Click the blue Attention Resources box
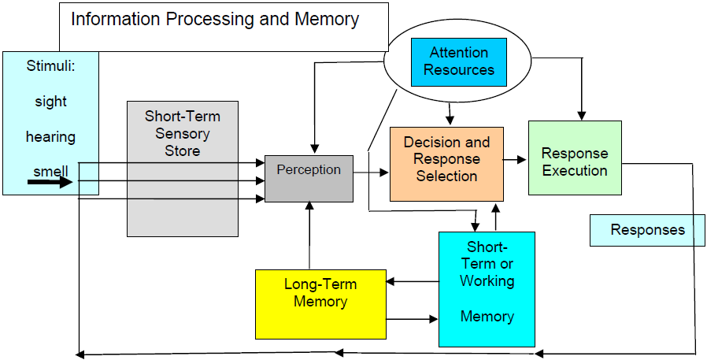[x=459, y=61]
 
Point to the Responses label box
[x=647, y=230]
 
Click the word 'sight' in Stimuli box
[x=50, y=102]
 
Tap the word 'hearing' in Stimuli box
[x=50, y=137]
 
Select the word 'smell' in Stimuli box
[x=50, y=172]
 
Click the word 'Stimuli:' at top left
[x=50, y=66]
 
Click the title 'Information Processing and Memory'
[x=215, y=19]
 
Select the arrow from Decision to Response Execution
[x=516, y=160]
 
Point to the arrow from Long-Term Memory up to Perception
[x=309, y=236]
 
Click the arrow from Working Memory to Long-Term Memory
[x=412, y=281]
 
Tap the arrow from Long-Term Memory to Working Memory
[x=412, y=319]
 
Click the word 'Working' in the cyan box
[x=487, y=280]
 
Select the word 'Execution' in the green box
[x=575, y=170]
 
